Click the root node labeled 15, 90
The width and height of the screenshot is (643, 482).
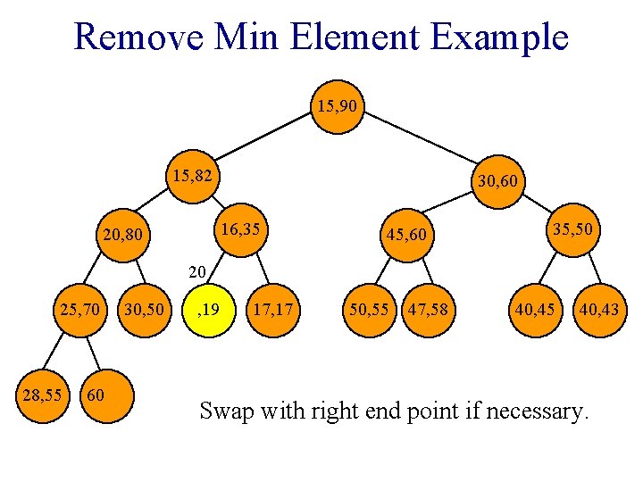click(338, 108)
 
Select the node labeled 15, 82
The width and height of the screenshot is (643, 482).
click(193, 178)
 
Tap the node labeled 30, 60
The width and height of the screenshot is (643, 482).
click(500, 182)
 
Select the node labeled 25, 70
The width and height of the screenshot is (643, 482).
click(80, 311)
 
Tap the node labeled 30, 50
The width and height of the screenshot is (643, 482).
click(143, 311)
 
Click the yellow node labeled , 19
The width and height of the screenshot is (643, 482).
click(209, 311)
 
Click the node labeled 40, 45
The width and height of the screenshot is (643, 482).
click(532, 311)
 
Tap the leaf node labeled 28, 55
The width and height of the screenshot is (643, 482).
click(43, 393)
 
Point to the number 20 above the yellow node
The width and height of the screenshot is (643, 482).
click(198, 270)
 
